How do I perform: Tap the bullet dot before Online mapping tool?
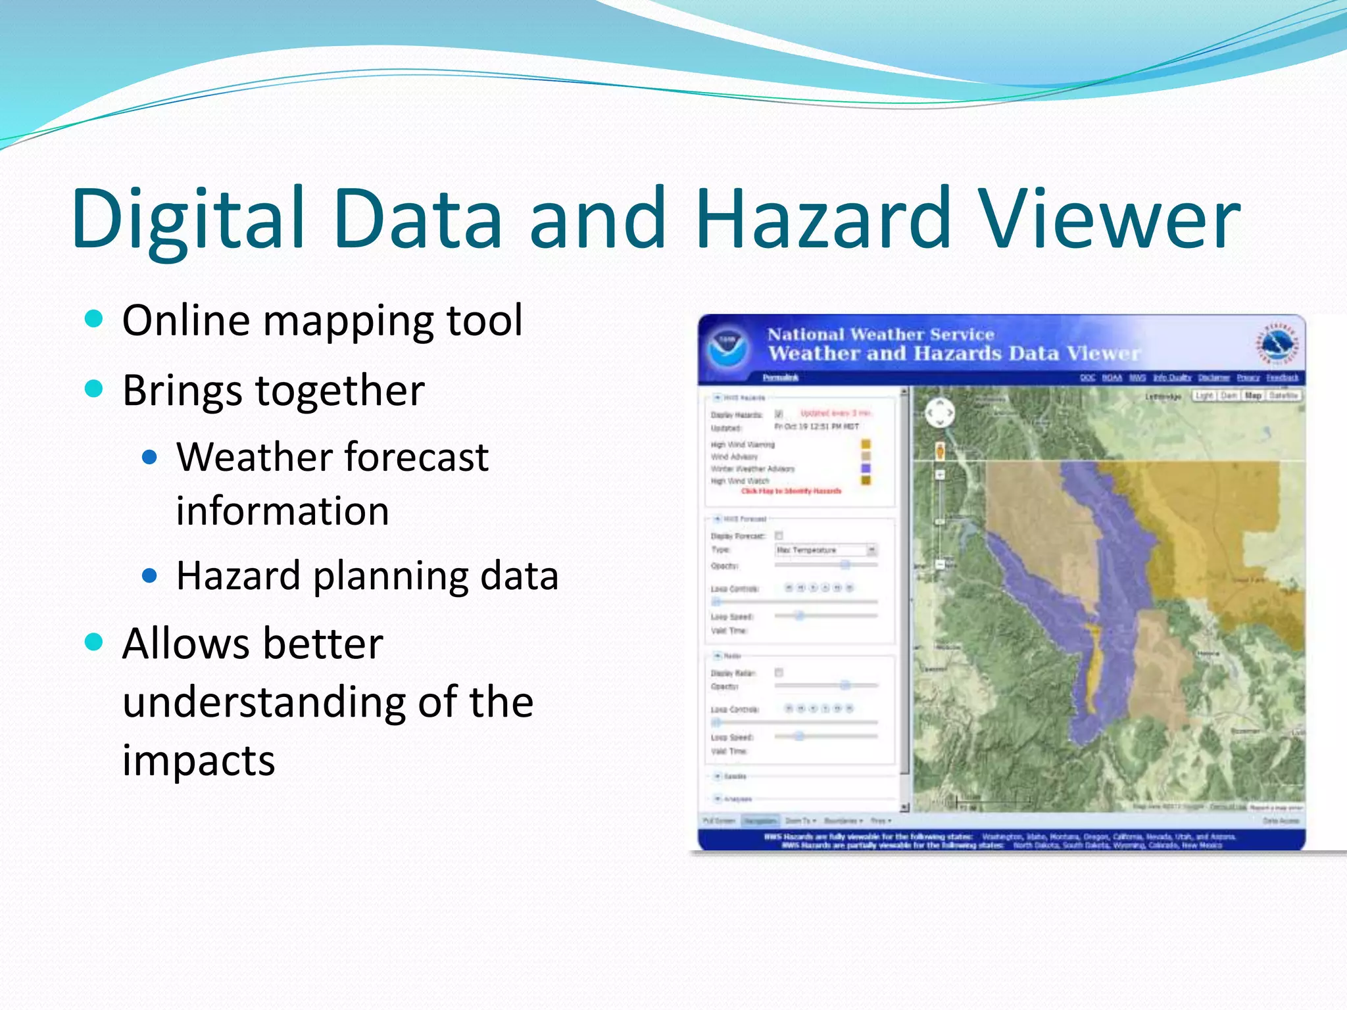tap(95, 319)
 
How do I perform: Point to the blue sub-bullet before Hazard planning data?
tap(150, 576)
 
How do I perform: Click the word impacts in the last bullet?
tap(199, 761)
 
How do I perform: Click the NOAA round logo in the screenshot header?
tap(728, 349)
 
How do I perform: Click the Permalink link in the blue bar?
tap(781, 377)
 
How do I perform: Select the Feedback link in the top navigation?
tap(1282, 377)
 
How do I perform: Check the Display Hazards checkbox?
tap(779, 414)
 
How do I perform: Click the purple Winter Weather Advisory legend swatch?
tap(866, 469)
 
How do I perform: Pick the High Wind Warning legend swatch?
tap(866, 445)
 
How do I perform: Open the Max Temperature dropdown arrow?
tap(871, 550)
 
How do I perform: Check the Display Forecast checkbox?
tap(779, 536)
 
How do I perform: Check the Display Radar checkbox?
tap(779, 673)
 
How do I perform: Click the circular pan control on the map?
tap(939, 413)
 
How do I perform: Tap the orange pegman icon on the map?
tap(940, 451)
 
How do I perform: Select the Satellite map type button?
tap(1283, 396)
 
